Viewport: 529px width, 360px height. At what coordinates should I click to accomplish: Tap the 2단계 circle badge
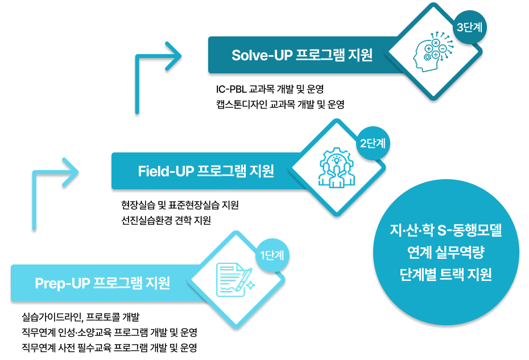[x=373, y=142]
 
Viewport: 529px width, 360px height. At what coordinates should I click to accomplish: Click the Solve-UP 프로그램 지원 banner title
[x=302, y=55]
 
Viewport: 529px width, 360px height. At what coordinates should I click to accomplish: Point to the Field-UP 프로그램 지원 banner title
[x=206, y=171]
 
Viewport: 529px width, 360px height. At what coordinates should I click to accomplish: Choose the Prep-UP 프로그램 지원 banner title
[x=102, y=283]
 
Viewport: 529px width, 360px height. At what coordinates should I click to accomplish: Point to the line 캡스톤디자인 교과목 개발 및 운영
[x=280, y=104]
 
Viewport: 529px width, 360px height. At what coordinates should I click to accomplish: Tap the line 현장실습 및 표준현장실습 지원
[x=180, y=205]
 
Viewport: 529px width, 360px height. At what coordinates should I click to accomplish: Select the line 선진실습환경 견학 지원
[x=166, y=220]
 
